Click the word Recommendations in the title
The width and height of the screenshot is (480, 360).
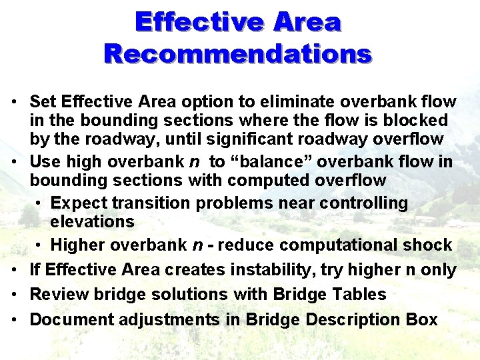237,53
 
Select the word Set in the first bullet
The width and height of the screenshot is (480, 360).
43,102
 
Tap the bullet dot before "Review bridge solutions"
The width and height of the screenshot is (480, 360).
14,294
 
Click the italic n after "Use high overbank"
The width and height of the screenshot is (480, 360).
195,162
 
